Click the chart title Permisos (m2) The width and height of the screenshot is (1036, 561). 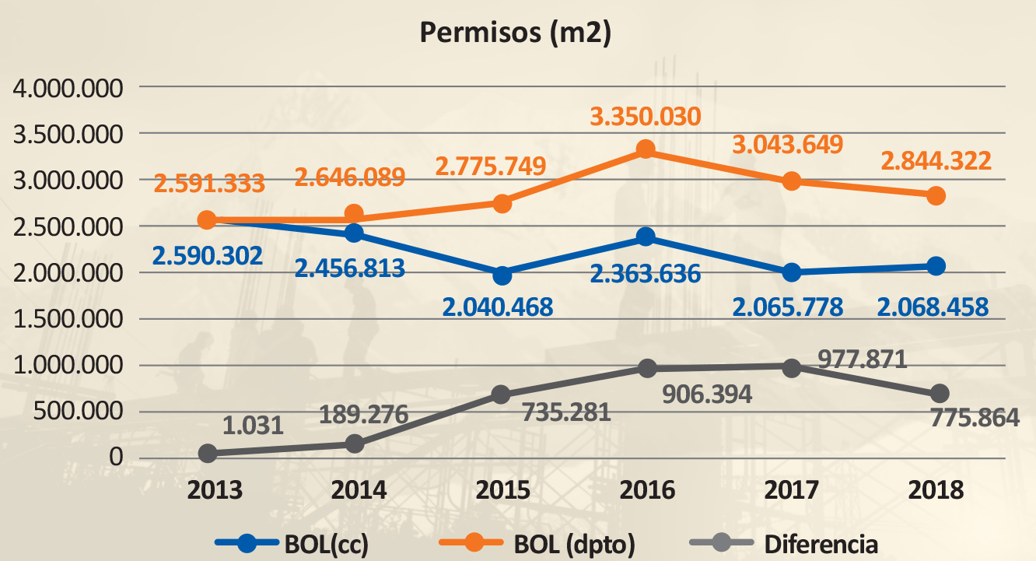pos(514,33)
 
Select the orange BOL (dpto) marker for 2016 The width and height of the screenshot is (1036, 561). pos(645,149)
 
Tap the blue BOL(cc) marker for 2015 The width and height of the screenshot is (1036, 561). pos(502,275)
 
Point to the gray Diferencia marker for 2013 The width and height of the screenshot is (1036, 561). pos(207,454)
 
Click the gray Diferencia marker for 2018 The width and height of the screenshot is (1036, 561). pos(939,393)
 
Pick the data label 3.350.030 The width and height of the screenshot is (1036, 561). pos(645,117)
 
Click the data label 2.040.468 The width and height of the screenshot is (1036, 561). pos(498,307)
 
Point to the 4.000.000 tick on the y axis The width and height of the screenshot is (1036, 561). pos(69,88)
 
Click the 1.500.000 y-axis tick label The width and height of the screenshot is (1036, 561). pos(69,319)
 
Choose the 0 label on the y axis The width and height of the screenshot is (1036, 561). pos(117,457)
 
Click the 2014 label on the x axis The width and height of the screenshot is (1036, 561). pos(359,490)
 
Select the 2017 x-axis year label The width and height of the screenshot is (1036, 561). pos(791,490)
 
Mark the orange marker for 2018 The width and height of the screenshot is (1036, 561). pos(936,195)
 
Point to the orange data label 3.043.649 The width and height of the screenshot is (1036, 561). pos(787,145)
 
